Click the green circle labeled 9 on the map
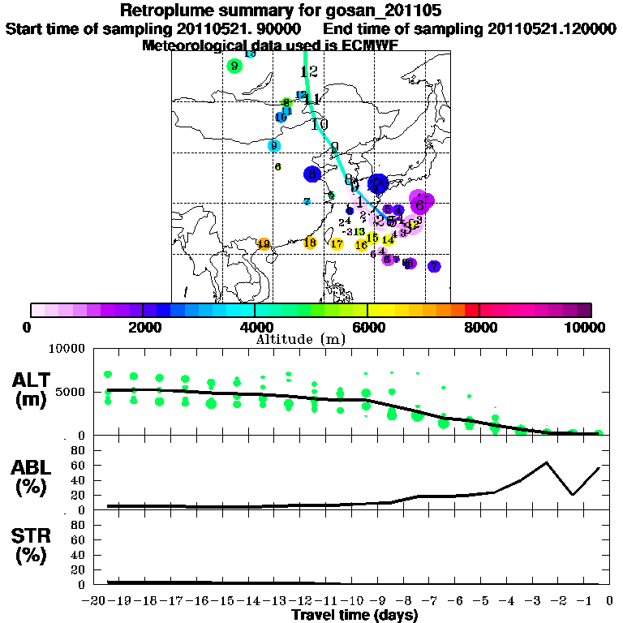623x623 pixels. click(234, 66)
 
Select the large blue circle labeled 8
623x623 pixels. click(312, 174)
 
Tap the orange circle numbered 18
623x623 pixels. click(310, 243)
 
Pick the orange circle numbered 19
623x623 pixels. click(263, 243)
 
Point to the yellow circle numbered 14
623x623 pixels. click(389, 239)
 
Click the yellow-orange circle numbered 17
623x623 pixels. click(337, 244)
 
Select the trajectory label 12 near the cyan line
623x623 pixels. click(308, 71)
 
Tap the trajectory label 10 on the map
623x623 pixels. click(319, 124)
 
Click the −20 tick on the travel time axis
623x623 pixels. click(96, 600)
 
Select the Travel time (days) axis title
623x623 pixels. click(354, 616)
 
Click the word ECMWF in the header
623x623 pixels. click(370, 45)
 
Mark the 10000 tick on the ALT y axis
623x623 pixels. click(68, 349)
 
